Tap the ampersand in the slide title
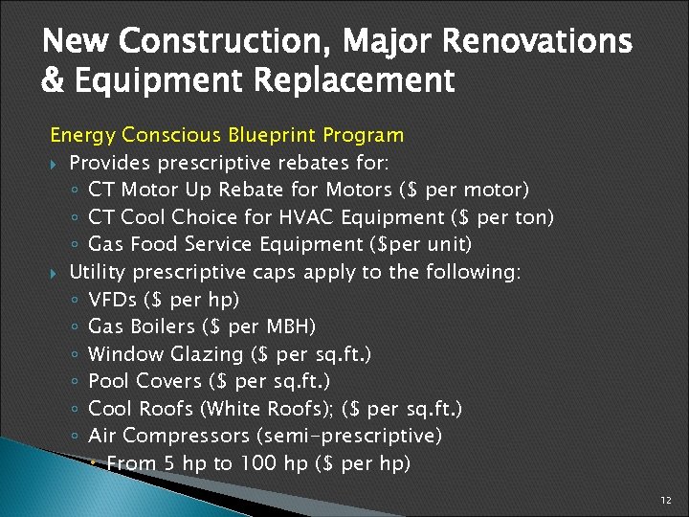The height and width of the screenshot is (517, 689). point(52,80)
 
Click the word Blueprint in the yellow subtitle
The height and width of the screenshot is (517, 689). point(272,135)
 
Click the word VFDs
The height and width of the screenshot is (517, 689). point(112,300)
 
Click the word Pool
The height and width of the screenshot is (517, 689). point(107,382)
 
